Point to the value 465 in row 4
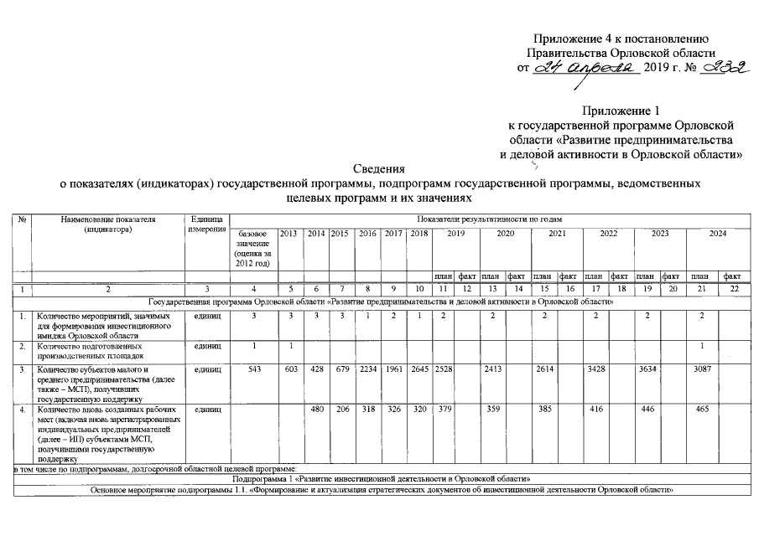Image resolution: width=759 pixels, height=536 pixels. click(x=700, y=410)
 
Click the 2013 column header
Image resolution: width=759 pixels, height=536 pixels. click(x=289, y=234)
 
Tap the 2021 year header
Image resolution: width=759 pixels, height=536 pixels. click(x=556, y=234)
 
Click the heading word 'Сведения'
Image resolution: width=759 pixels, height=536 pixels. click(x=379, y=167)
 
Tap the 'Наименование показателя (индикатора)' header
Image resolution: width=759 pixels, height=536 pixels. click(x=108, y=224)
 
